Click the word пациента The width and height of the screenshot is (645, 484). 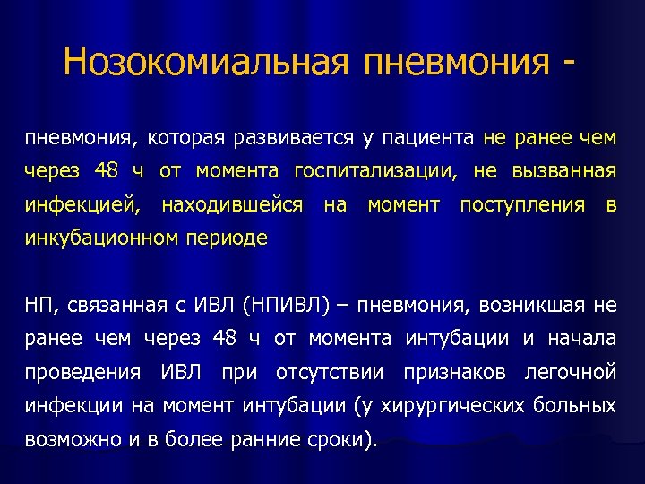(x=427, y=138)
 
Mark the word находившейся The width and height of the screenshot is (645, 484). (x=232, y=205)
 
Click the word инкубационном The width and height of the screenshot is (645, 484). (x=104, y=239)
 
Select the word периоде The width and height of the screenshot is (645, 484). (x=229, y=239)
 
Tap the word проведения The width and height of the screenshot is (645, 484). (x=82, y=372)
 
